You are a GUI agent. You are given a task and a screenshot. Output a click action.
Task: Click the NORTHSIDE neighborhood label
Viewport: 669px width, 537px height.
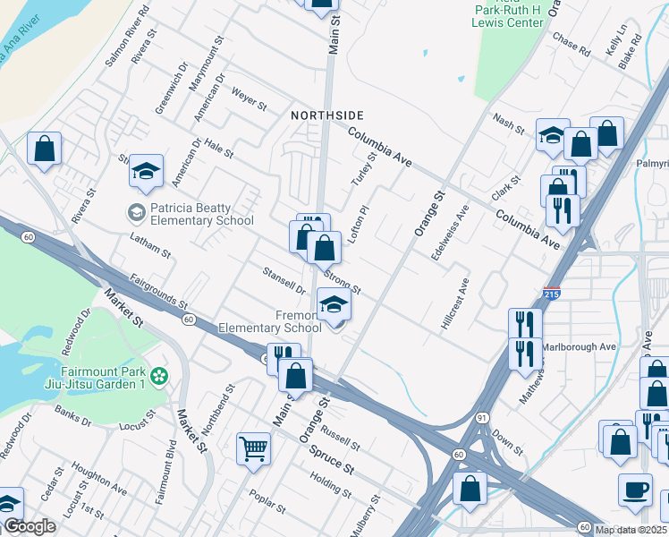[327, 115]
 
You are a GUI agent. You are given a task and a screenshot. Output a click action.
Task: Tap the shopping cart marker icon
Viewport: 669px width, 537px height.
[254, 448]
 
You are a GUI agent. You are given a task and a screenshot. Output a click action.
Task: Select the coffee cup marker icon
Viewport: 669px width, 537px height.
[635, 490]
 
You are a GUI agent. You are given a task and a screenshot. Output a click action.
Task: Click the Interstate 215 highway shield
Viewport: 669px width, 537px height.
[552, 294]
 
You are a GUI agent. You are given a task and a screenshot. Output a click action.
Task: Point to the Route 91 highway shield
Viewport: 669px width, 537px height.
[482, 417]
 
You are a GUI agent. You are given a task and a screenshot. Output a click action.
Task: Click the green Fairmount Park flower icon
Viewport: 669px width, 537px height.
[159, 377]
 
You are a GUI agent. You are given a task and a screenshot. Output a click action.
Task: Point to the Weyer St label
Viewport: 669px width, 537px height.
[249, 98]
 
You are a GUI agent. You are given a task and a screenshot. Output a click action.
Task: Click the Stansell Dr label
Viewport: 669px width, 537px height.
[284, 281]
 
